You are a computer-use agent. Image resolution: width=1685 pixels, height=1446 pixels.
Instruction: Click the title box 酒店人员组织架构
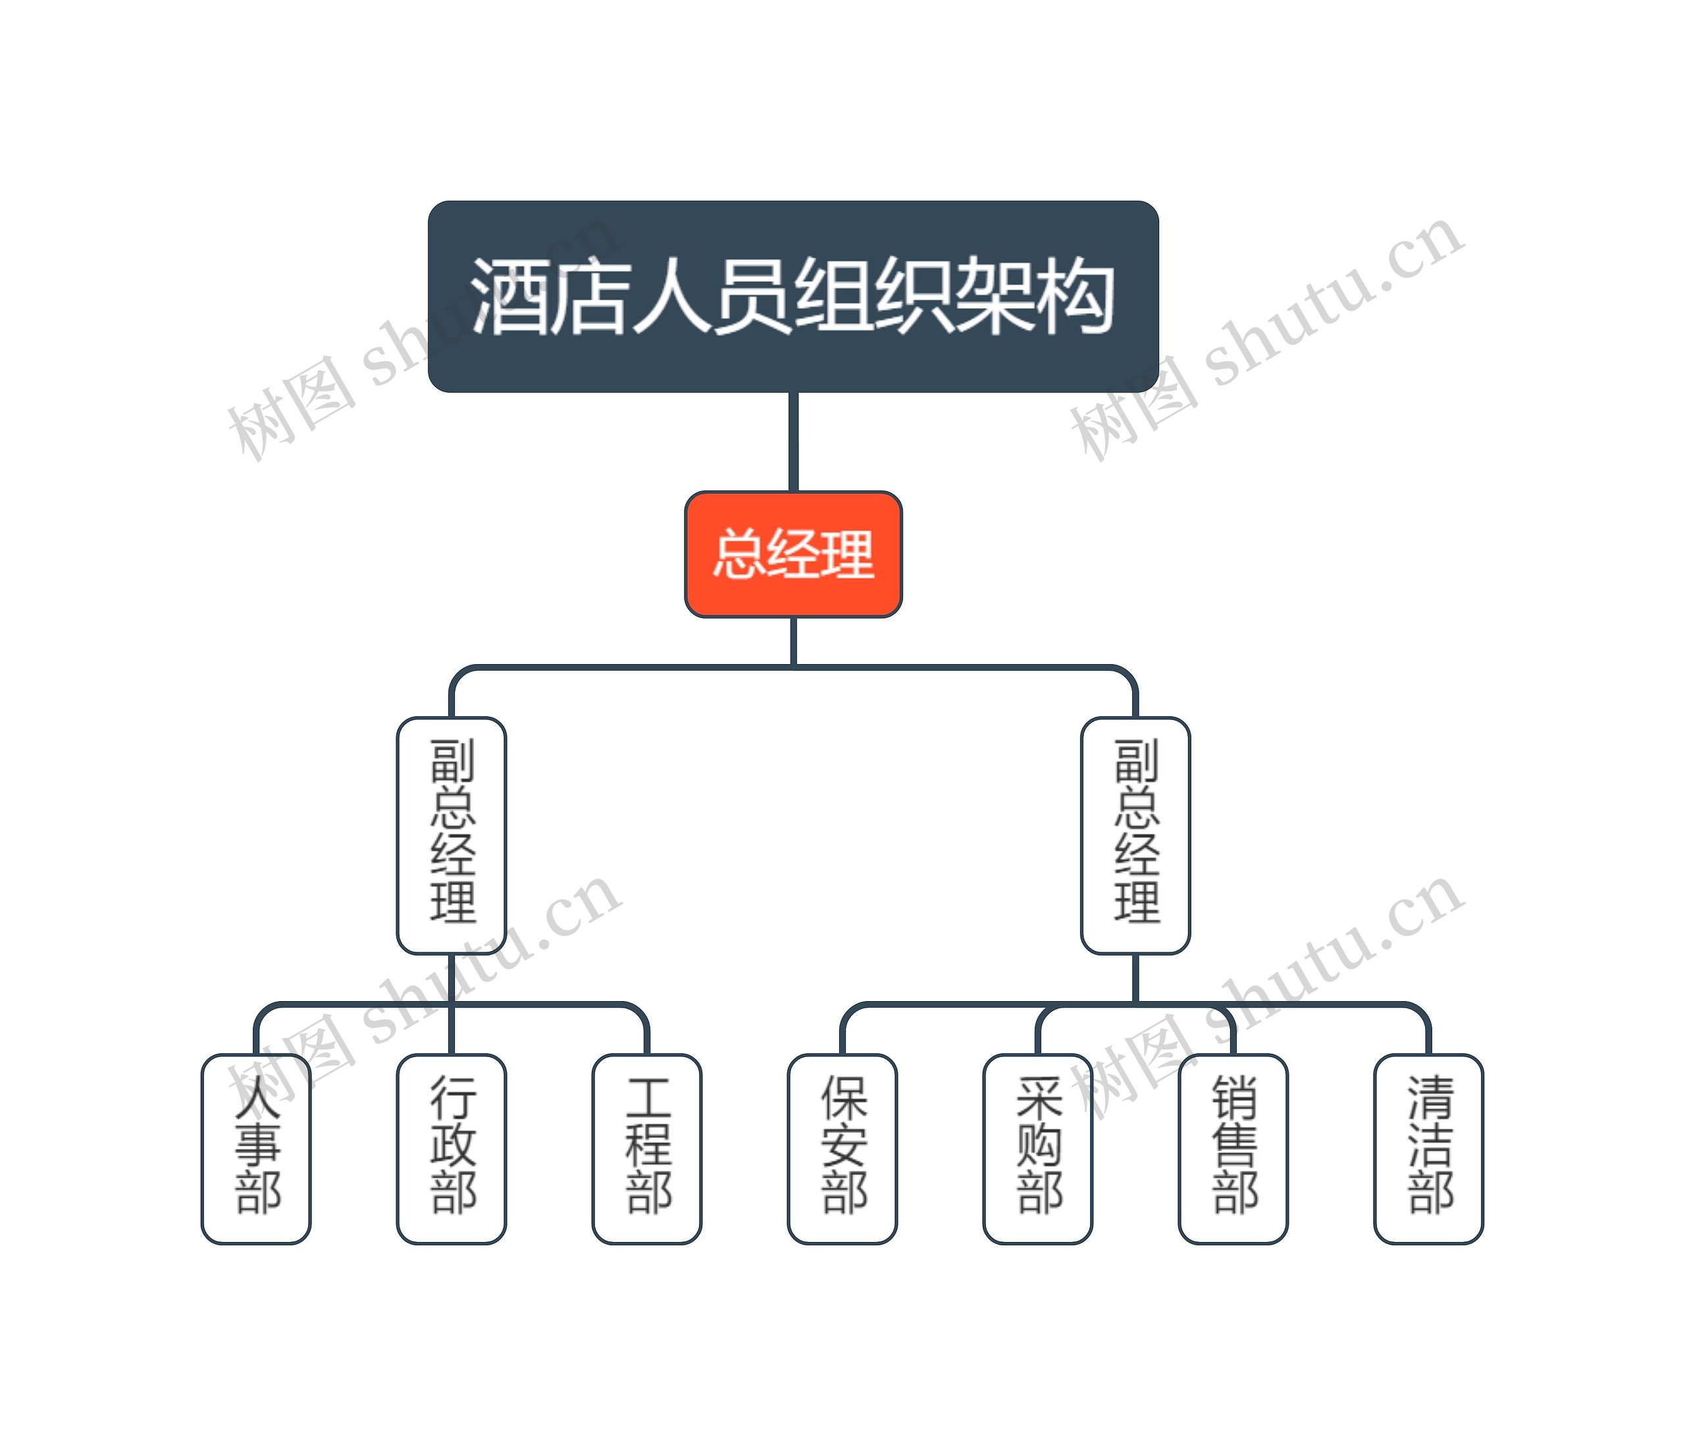point(793,296)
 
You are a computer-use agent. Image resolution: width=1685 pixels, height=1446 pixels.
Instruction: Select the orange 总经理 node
point(793,554)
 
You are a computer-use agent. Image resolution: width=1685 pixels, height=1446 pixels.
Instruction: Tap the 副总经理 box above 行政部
point(452,835)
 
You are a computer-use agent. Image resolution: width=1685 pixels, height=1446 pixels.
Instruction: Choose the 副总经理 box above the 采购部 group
point(1135,835)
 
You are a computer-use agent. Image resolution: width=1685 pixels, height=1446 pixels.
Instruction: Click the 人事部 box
point(256,1149)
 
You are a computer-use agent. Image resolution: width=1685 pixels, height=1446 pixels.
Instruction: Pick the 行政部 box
point(452,1149)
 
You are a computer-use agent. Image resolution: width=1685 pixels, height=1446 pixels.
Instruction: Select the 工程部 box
point(646,1149)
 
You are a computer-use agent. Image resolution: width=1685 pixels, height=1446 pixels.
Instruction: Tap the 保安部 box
point(842,1149)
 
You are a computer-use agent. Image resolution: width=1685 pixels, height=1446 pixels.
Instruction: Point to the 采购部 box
point(1038,1149)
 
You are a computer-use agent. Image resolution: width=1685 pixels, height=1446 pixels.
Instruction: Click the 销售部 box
point(1233,1149)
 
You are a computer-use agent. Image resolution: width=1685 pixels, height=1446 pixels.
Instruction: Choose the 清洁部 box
point(1429,1149)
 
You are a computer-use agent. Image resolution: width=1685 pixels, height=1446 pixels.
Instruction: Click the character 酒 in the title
point(509,296)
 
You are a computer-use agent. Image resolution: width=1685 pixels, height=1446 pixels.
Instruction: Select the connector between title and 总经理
point(793,442)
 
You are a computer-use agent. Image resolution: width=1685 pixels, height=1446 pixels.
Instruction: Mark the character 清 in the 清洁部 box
point(1430,1098)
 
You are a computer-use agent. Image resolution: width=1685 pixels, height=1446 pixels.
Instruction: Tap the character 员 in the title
point(752,296)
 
